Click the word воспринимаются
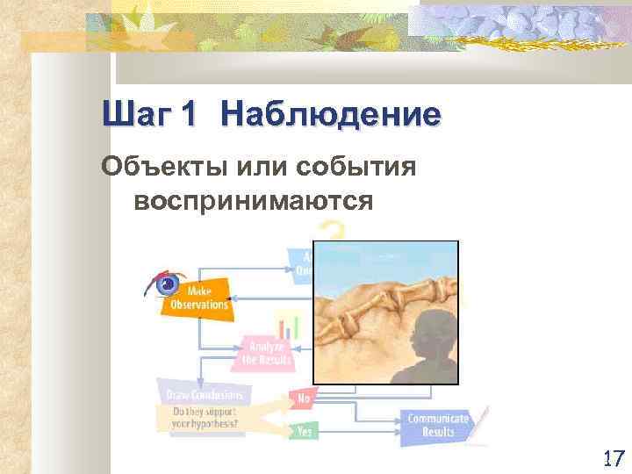pos(254,200)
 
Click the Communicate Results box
pos(436,425)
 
